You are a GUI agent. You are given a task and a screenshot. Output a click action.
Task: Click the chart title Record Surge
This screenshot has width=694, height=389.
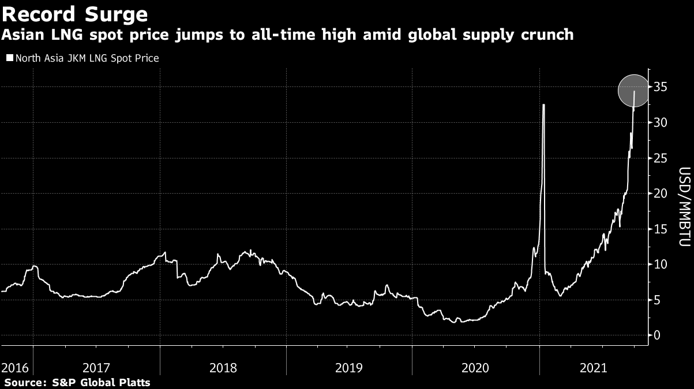pyautogui.click(x=75, y=13)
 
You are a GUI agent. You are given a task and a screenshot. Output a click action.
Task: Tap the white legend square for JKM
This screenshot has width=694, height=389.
pyautogui.click(x=9, y=58)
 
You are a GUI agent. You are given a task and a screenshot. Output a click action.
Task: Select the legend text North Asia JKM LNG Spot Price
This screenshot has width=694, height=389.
pyautogui.click(x=87, y=58)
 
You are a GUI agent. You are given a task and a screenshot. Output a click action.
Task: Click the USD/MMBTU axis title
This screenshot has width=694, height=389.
pyautogui.click(x=684, y=207)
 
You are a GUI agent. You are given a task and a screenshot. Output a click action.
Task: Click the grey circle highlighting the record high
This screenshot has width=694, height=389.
pyautogui.click(x=634, y=90)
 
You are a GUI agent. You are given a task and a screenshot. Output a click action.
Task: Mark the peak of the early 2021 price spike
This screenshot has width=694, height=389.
pyautogui.click(x=543, y=105)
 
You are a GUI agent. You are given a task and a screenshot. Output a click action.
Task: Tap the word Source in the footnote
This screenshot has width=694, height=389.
pyautogui.click(x=22, y=382)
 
